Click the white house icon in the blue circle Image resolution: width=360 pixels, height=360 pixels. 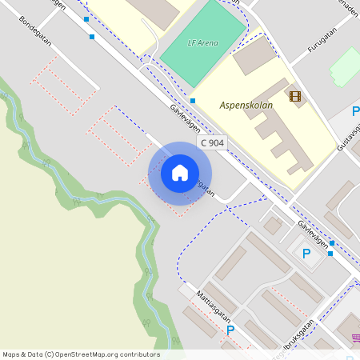pyautogui.click(x=180, y=173)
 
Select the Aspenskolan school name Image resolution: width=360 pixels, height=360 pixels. pyautogui.click(x=246, y=105)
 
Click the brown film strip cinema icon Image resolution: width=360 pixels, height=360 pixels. pyautogui.click(x=296, y=97)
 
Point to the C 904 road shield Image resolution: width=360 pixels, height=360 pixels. pyautogui.click(x=212, y=142)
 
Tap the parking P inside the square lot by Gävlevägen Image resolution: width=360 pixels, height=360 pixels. pyautogui.click(x=306, y=254)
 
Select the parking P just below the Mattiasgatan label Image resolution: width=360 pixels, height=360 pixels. pyautogui.click(x=230, y=330)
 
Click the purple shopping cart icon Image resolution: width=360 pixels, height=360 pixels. pyautogui.click(x=355, y=339)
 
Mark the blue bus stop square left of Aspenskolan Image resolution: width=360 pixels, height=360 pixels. pyautogui.click(x=193, y=101)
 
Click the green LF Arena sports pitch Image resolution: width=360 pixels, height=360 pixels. pyautogui.click(x=204, y=44)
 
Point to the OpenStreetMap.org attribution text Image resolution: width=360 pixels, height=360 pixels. pyautogui.click(x=81, y=354)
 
